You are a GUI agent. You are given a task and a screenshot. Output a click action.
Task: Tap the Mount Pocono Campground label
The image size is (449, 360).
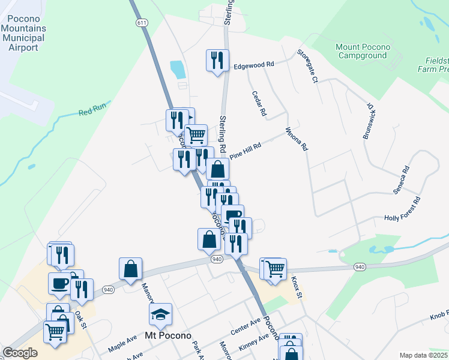point(363,51)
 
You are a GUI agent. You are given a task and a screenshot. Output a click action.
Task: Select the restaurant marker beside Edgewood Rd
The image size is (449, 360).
point(217,60)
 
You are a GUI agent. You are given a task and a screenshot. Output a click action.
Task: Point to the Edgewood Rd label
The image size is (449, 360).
point(253,64)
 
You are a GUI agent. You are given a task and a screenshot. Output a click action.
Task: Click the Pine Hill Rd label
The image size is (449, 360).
point(246,149)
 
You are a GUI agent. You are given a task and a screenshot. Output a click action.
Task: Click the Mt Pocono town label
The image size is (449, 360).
point(167,335)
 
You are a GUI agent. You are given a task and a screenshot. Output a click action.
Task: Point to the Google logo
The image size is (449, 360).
point(20,353)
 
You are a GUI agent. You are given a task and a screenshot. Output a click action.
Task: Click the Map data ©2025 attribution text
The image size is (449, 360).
point(423,355)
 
